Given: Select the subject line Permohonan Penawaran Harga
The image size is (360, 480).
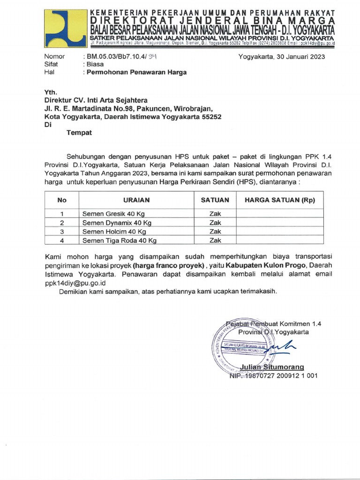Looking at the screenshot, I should (135, 72).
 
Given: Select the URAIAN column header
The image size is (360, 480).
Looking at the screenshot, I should (136, 200).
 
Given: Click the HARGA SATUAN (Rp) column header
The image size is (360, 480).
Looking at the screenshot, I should (279, 200).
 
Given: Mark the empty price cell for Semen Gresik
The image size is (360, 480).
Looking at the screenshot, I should (279, 214).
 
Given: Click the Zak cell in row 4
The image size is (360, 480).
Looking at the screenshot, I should (215, 240).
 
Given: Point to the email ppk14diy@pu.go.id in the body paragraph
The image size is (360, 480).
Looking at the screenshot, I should (75, 283).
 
